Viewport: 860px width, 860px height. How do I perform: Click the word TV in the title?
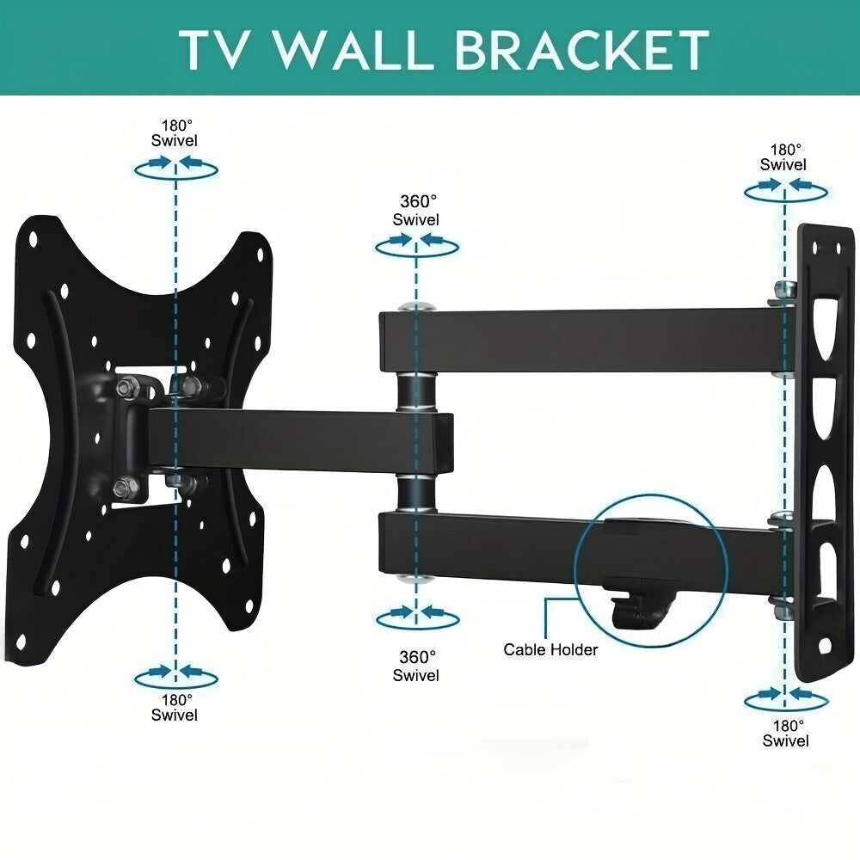point(215,51)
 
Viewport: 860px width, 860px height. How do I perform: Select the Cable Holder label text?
point(550,649)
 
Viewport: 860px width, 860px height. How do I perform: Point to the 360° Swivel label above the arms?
point(416,211)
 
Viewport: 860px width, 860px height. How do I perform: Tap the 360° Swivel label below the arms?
point(416,666)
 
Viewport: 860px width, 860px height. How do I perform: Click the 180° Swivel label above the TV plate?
point(175,132)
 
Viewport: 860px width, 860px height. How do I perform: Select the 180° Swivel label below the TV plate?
point(175,707)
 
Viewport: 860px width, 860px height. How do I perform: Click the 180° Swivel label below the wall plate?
point(785,733)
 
